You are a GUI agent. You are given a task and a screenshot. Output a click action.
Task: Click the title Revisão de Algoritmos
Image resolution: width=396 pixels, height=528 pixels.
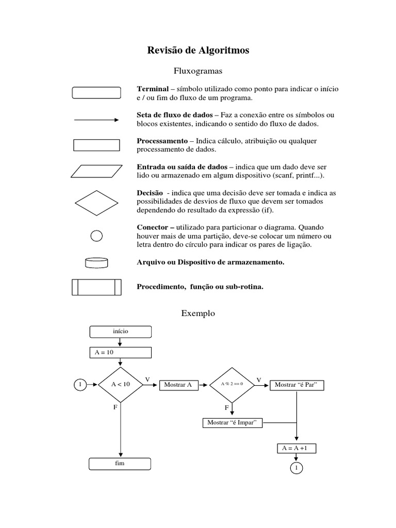pyautogui.click(x=198, y=50)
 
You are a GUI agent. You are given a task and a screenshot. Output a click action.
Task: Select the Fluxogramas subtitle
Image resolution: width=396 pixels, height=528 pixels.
pyautogui.click(x=198, y=70)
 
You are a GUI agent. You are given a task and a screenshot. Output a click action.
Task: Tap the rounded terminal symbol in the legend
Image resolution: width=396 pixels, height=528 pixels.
pyautogui.click(x=96, y=93)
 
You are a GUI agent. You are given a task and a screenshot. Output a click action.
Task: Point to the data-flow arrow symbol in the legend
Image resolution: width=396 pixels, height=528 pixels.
pyautogui.click(x=96, y=120)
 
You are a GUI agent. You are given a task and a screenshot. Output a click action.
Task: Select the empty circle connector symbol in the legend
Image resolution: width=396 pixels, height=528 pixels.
pyautogui.click(x=96, y=236)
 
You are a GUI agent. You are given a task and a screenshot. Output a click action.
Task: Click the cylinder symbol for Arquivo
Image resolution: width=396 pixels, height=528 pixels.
pyautogui.click(x=96, y=262)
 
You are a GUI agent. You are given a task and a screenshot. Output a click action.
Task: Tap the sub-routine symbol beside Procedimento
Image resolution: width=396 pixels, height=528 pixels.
pyautogui.click(x=96, y=287)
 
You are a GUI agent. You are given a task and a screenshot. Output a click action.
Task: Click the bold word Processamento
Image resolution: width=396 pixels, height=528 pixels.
pyautogui.click(x=162, y=141)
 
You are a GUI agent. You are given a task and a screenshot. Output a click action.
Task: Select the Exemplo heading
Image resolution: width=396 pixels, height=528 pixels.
pyautogui.click(x=198, y=313)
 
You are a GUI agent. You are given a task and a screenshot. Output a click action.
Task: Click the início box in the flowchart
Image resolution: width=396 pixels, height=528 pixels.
pyautogui.click(x=120, y=332)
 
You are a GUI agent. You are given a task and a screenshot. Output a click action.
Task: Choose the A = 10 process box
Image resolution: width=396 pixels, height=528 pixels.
pyautogui.click(x=120, y=352)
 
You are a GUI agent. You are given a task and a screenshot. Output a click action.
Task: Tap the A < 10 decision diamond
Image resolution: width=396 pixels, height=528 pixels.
pyautogui.click(x=120, y=385)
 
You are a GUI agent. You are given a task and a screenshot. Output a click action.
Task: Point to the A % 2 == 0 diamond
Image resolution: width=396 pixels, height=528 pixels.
pyautogui.click(x=232, y=385)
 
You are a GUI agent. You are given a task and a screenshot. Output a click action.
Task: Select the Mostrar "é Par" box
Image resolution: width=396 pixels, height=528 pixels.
pyautogui.click(x=296, y=385)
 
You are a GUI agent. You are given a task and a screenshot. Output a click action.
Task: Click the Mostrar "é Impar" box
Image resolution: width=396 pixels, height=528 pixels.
pyautogui.click(x=233, y=423)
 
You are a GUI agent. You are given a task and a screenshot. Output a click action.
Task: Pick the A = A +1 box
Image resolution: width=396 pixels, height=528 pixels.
pyautogui.click(x=296, y=448)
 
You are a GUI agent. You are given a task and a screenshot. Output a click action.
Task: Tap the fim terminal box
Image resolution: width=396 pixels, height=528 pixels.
pyautogui.click(x=120, y=464)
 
